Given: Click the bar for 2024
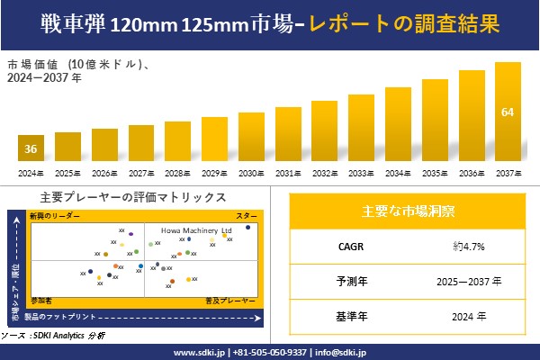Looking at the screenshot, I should point(31,148).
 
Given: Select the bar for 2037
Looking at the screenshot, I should point(508,112).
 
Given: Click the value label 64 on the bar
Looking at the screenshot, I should point(508,112).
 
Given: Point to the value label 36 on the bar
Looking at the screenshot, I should point(31,148).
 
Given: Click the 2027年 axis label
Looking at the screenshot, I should point(141,173).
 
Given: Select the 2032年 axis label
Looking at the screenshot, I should point(325,173).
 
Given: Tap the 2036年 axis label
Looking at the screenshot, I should point(472,173).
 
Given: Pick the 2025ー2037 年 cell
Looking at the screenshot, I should point(472,282).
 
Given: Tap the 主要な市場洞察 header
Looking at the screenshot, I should point(408,212).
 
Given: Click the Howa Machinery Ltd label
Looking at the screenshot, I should point(195,230).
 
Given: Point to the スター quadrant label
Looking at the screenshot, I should point(247,216).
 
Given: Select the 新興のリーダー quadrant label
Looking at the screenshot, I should point(55,216).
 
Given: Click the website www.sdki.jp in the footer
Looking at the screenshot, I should point(198,352).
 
